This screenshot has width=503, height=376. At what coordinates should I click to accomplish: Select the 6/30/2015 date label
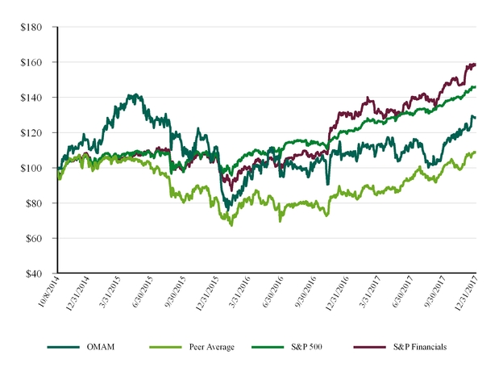pos(140,296)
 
